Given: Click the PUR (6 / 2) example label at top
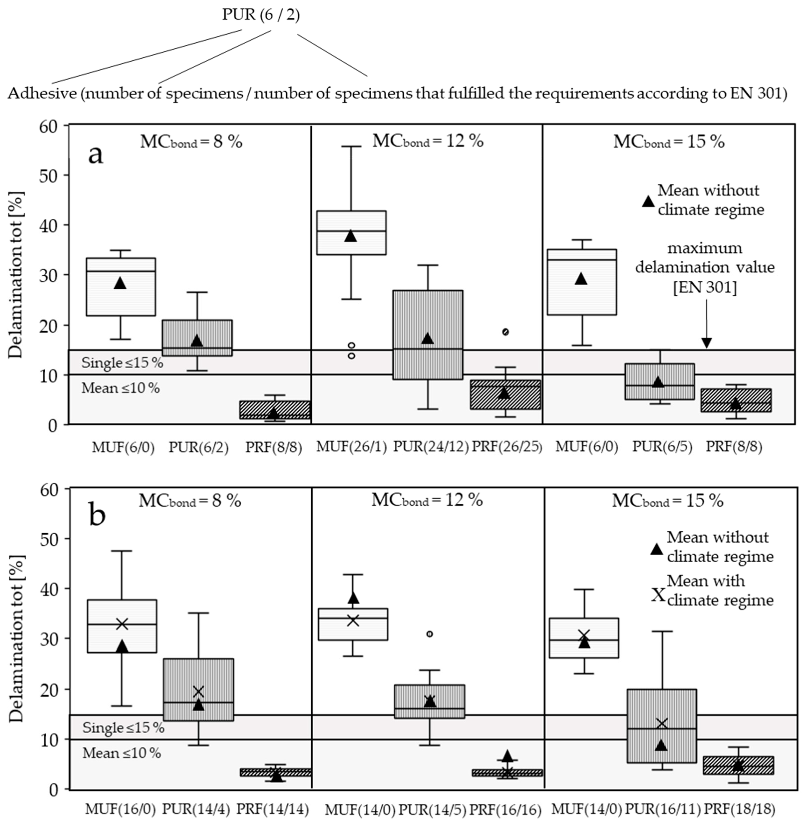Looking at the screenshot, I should pos(261,15).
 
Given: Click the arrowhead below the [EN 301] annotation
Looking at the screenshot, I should pos(706,343).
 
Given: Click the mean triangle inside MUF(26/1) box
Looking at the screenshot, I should pos(350,236).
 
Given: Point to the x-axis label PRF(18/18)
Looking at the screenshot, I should pos(739,809).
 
